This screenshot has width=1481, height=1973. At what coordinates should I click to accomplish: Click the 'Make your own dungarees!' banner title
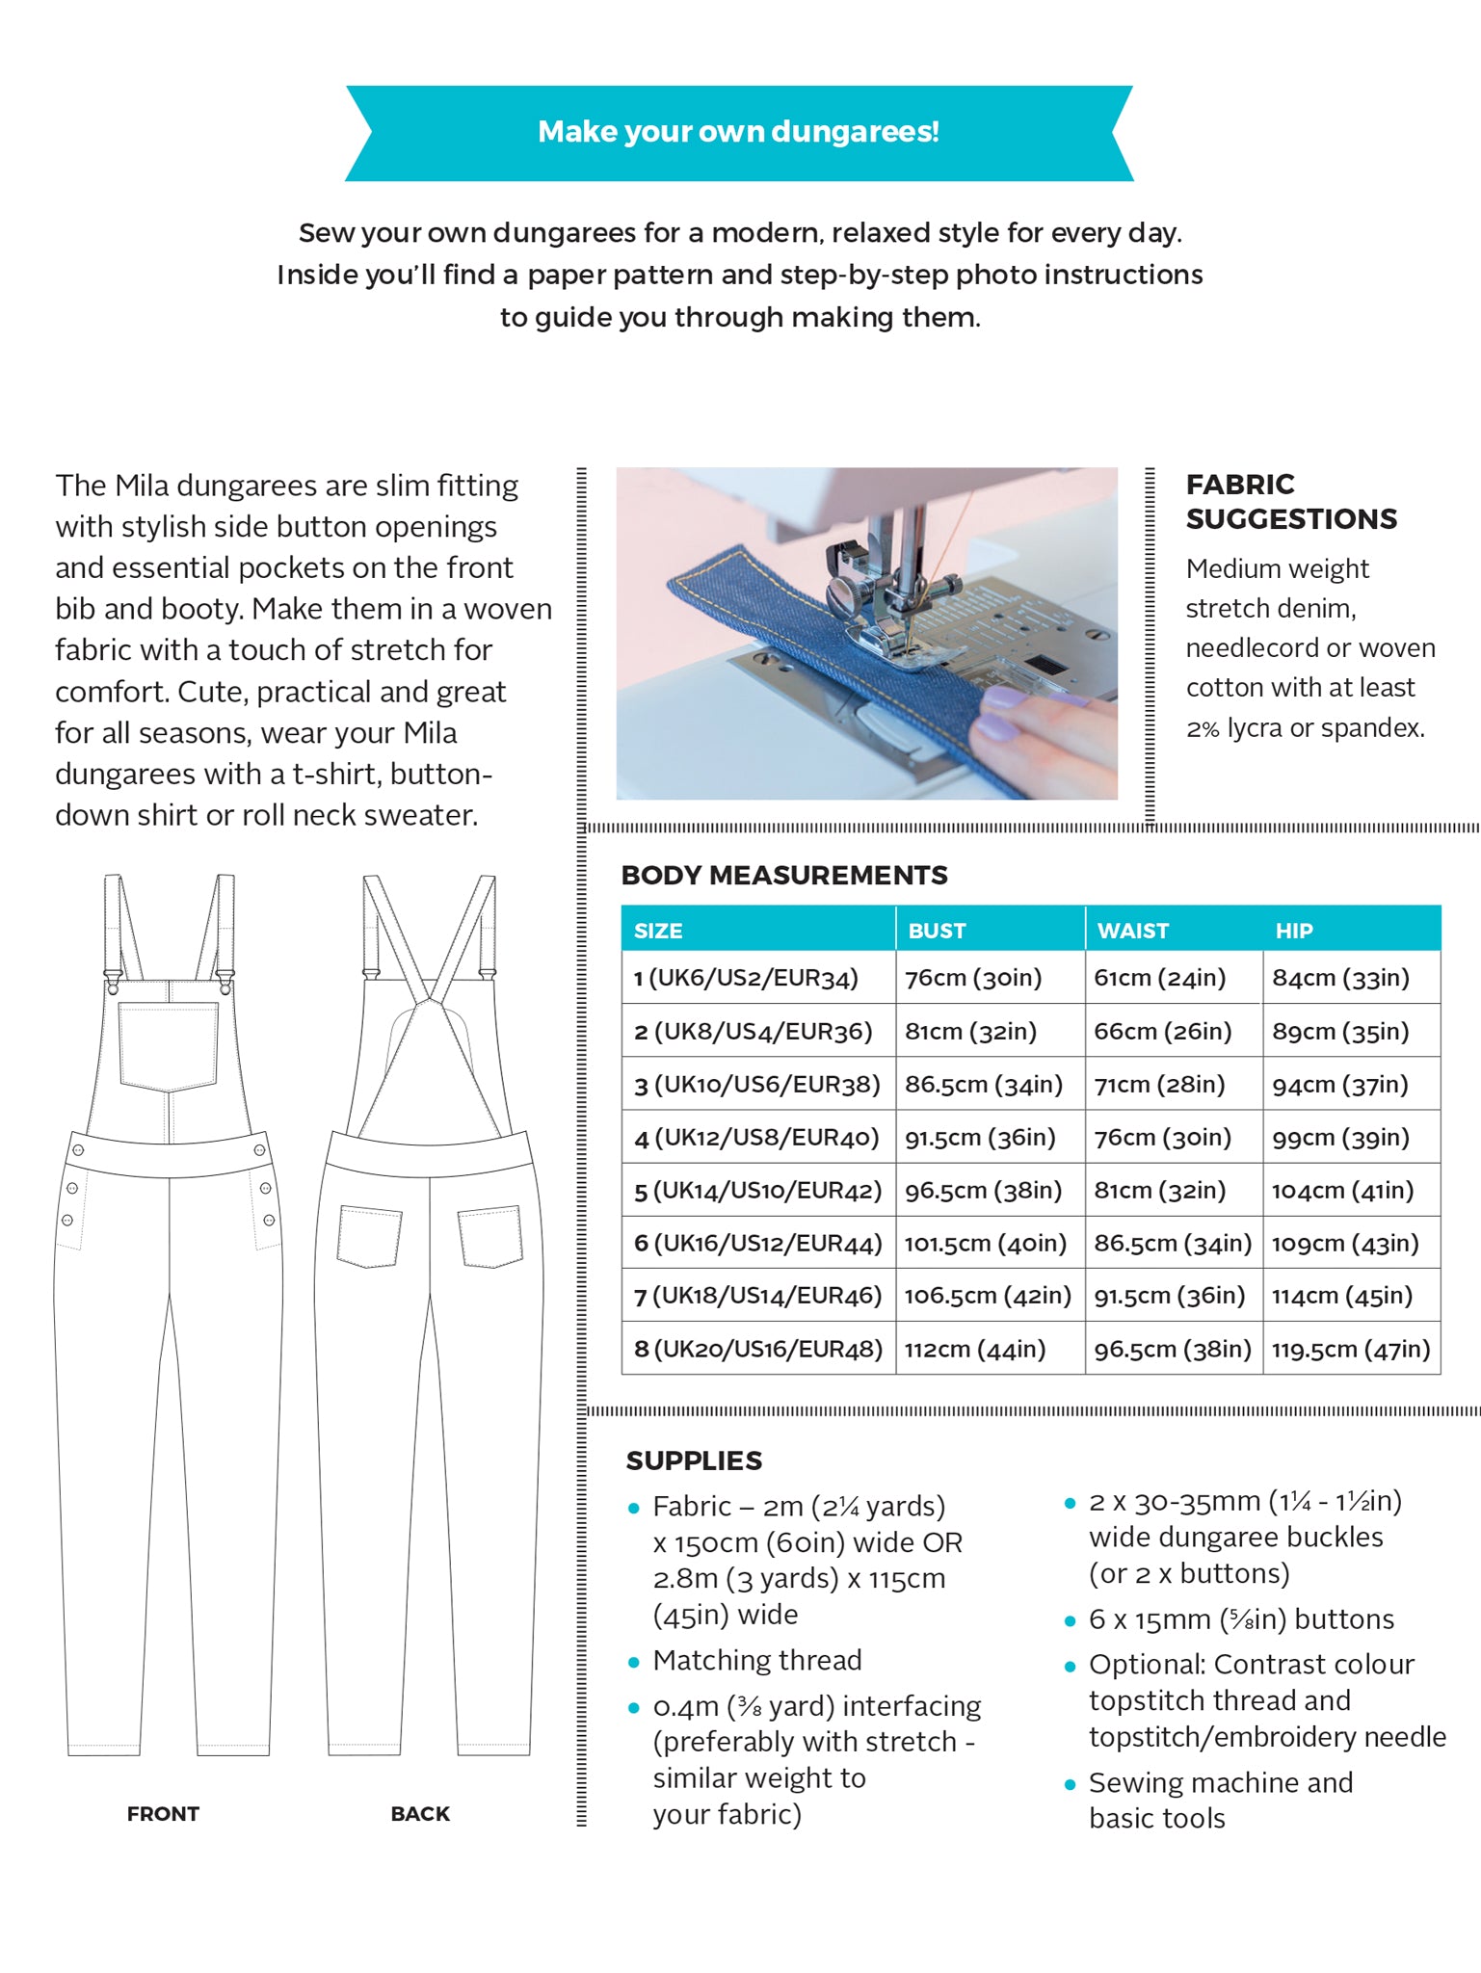click(738, 132)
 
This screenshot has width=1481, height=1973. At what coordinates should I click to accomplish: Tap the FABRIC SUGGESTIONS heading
click(1290, 502)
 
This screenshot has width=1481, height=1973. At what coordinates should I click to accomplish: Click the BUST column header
click(936, 931)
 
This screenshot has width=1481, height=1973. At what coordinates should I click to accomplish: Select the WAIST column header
click(1132, 931)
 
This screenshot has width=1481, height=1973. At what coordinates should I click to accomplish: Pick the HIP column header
click(1293, 931)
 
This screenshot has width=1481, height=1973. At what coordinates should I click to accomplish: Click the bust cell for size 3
click(983, 1085)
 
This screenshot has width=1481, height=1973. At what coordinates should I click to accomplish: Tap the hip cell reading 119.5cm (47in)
click(1350, 1350)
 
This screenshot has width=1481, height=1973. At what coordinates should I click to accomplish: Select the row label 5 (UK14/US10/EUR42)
click(757, 1191)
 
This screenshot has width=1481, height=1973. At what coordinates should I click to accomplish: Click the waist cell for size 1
click(1159, 978)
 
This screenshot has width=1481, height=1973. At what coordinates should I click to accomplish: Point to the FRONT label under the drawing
click(163, 1814)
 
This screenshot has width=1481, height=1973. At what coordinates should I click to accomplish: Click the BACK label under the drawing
click(420, 1814)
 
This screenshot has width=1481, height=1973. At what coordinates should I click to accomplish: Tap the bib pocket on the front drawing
click(169, 1045)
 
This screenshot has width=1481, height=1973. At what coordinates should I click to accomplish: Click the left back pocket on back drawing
click(369, 1236)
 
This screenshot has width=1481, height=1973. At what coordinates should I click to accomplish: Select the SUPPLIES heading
click(694, 1460)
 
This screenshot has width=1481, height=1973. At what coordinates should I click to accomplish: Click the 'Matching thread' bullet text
click(757, 1660)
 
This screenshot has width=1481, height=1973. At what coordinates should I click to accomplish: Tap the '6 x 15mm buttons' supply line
click(1241, 1619)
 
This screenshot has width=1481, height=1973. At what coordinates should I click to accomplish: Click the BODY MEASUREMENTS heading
click(784, 875)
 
